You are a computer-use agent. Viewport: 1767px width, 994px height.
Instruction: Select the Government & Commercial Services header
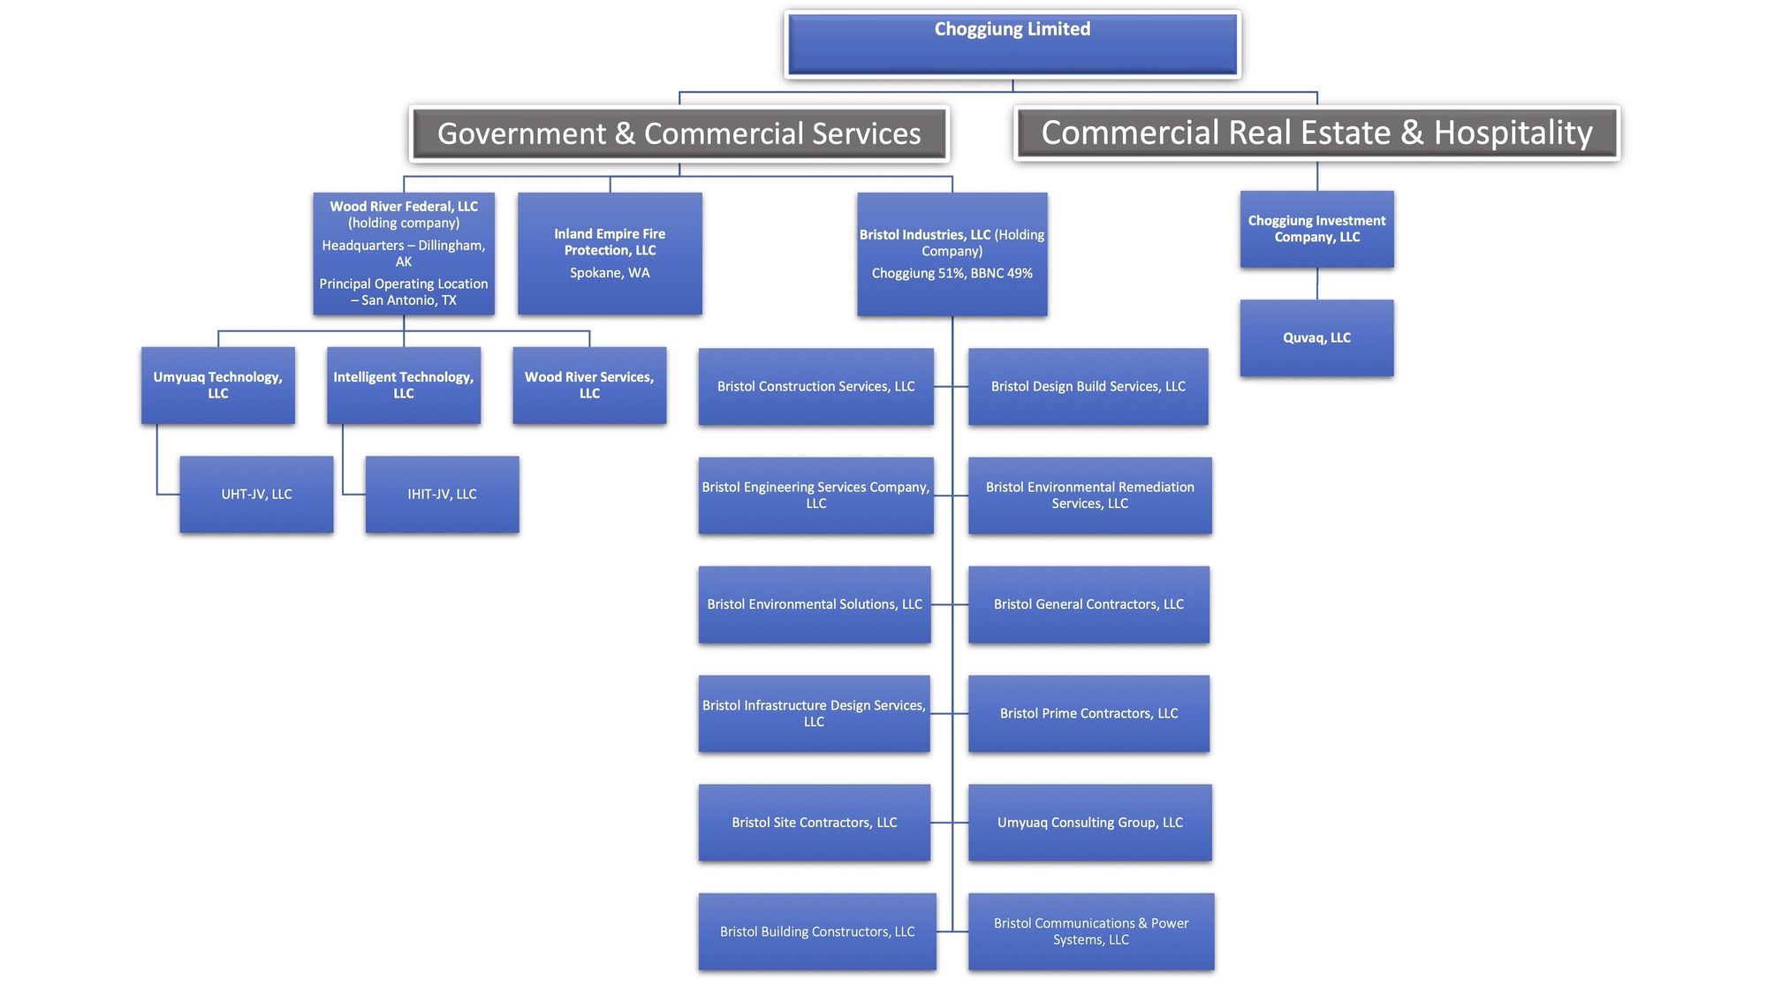[679, 133]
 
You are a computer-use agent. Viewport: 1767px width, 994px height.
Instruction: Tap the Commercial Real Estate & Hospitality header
[1316, 133]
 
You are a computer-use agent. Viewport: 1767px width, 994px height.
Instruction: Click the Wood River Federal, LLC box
[404, 254]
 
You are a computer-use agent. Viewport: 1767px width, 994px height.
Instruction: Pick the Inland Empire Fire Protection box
[610, 254]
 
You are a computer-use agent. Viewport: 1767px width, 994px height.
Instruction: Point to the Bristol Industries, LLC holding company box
[952, 254]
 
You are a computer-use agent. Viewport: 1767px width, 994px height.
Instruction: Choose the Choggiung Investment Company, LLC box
[1316, 229]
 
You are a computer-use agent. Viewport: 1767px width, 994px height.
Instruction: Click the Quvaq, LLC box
[1316, 338]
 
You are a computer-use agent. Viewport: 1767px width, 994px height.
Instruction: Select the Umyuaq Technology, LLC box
[218, 385]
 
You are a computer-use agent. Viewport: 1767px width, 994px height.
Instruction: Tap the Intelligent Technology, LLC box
[404, 385]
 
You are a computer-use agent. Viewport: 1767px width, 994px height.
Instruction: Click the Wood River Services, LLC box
[589, 385]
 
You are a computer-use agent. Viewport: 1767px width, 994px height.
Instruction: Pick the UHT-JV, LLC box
[256, 494]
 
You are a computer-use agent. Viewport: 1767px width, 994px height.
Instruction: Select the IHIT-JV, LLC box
[442, 494]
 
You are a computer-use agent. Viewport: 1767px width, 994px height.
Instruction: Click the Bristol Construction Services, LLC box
[815, 386]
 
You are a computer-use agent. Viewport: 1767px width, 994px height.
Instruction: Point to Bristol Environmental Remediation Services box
[1089, 495]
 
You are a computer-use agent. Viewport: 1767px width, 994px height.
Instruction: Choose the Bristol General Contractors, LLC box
[1088, 604]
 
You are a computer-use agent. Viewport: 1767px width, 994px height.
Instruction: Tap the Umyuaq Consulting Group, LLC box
[1089, 823]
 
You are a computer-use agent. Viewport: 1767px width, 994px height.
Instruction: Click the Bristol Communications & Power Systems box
[1091, 931]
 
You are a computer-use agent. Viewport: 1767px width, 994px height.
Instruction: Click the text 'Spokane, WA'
[610, 273]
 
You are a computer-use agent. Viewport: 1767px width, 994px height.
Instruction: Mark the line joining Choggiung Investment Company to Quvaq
[1317, 284]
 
